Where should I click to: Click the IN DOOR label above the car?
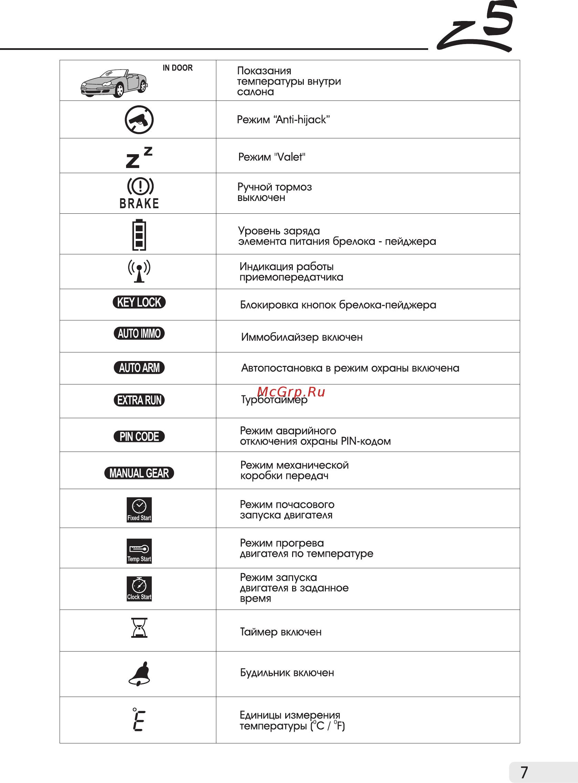(x=177, y=68)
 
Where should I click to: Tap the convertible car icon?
(x=114, y=84)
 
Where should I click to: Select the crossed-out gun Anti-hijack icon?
(x=139, y=119)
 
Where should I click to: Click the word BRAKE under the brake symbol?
(x=139, y=203)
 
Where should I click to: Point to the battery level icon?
(x=139, y=234)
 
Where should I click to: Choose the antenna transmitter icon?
(x=139, y=271)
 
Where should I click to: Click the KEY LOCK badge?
(x=139, y=303)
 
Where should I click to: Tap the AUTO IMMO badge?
(x=139, y=334)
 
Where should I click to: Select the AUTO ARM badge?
(x=139, y=368)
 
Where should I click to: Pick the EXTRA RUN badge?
(x=139, y=400)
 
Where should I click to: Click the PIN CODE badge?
(x=139, y=437)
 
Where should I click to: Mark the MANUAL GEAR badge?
(x=139, y=473)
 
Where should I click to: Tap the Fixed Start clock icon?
(x=139, y=510)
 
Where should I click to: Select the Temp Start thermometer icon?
(x=139, y=551)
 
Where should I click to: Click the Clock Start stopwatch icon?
(x=139, y=589)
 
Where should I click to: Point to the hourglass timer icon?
(x=139, y=628)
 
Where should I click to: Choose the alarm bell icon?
(x=139, y=674)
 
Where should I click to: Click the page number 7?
(x=524, y=772)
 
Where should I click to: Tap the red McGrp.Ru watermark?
(x=291, y=392)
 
